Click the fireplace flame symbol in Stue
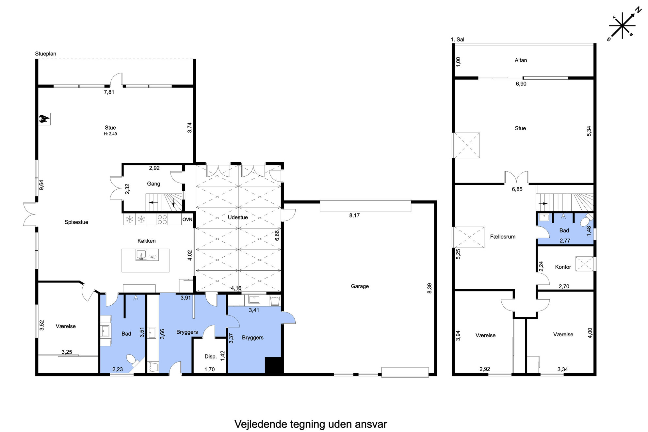(x=44, y=119)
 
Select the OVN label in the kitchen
(x=187, y=219)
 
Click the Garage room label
(x=360, y=286)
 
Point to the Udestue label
(x=238, y=217)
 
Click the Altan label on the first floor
(x=521, y=60)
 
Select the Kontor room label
(x=563, y=267)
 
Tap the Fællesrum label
(x=503, y=236)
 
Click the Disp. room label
(x=211, y=357)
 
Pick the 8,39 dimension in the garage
(x=429, y=288)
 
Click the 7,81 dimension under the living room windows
(x=109, y=92)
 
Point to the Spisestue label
(x=76, y=222)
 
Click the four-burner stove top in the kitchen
(x=162, y=219)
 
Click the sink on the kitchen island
(x=141, y=255)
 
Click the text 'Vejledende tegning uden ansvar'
(x=311, y=424)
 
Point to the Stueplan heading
(x=46, y=54)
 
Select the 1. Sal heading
(x=457, y=40)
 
